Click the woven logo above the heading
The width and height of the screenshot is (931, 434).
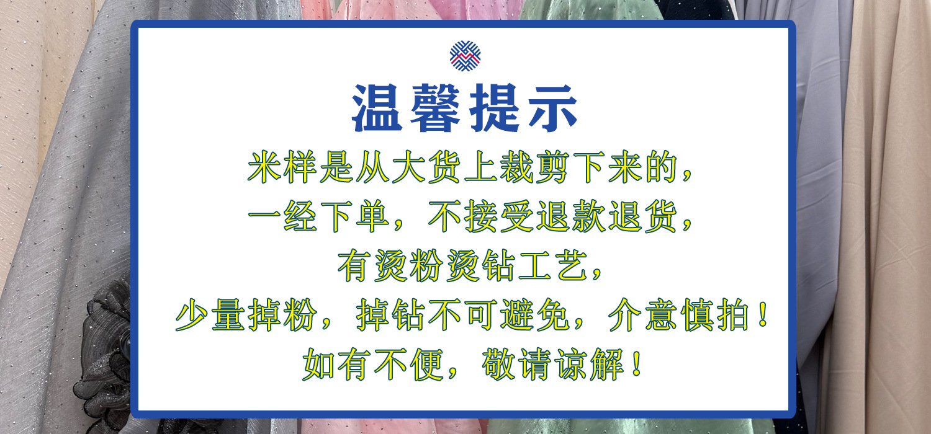[x=465, y=56]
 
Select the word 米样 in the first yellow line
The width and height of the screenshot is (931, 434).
[x=283, y=169]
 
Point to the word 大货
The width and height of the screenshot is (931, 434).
[x=426, y=169]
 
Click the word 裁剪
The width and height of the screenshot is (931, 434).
[x=536, y=169]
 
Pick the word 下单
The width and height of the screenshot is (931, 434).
[x=355, y=219]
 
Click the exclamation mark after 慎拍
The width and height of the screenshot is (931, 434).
[x=762, y=316]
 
